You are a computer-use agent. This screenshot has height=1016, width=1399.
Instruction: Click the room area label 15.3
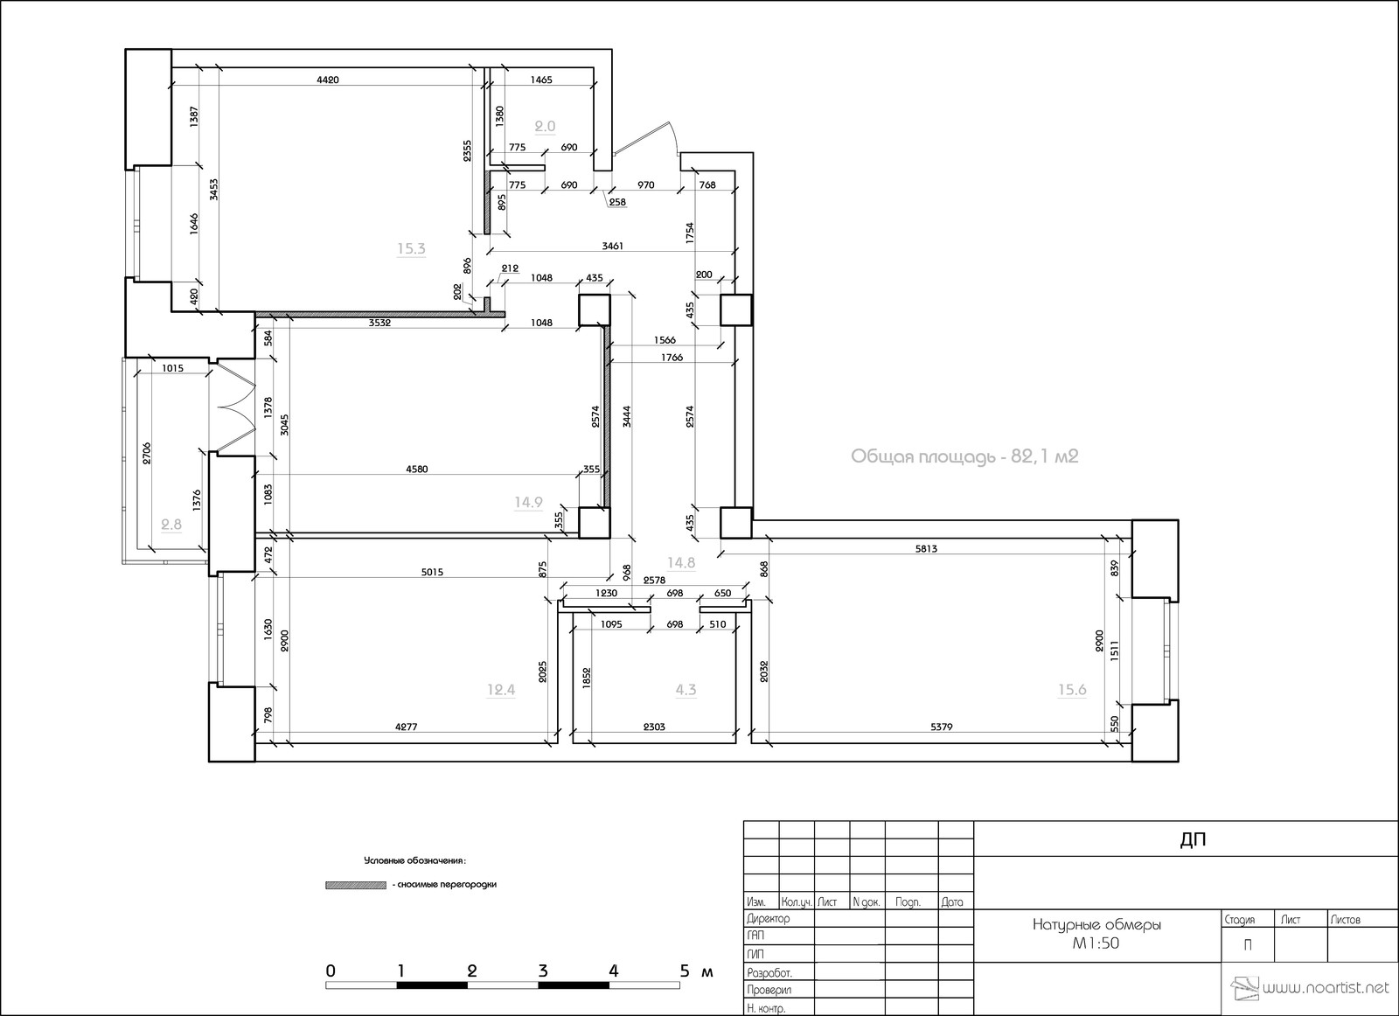point(411,249)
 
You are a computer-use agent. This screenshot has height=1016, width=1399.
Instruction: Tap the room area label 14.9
point(528,502)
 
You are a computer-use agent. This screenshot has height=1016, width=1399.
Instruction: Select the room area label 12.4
point(501,690)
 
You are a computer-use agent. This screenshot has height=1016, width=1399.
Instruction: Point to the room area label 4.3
point(686,690)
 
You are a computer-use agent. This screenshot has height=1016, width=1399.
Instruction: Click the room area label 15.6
point(1072,690)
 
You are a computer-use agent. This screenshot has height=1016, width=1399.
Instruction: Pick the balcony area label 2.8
point(171,524)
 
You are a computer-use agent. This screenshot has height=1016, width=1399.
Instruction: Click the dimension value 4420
point(327,80)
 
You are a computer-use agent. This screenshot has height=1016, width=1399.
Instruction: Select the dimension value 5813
point(926,549)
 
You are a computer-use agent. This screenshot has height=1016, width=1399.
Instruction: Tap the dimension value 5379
point(942,727)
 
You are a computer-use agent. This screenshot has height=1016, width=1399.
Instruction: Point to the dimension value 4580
point(417,470)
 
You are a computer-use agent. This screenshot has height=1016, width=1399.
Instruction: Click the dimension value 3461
point(613,247)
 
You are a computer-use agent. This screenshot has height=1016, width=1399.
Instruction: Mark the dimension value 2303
point(654,727)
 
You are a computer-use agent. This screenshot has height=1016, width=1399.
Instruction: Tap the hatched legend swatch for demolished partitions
point(355,885)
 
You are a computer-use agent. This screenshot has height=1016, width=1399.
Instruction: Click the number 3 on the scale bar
point(543,971)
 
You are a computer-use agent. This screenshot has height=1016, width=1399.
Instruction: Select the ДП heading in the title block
point(1193,840)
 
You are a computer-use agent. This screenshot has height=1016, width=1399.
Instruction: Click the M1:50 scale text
point(1096,943)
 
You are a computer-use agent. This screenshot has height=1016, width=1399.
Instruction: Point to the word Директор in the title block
point(769,918)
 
